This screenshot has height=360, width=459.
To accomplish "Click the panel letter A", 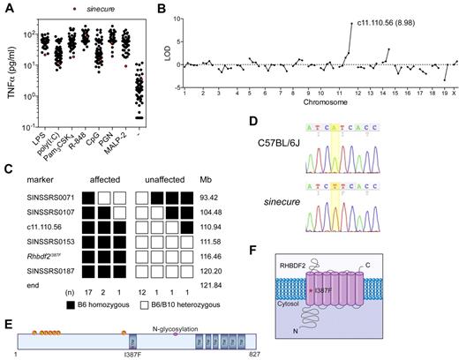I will click(7, 8).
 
